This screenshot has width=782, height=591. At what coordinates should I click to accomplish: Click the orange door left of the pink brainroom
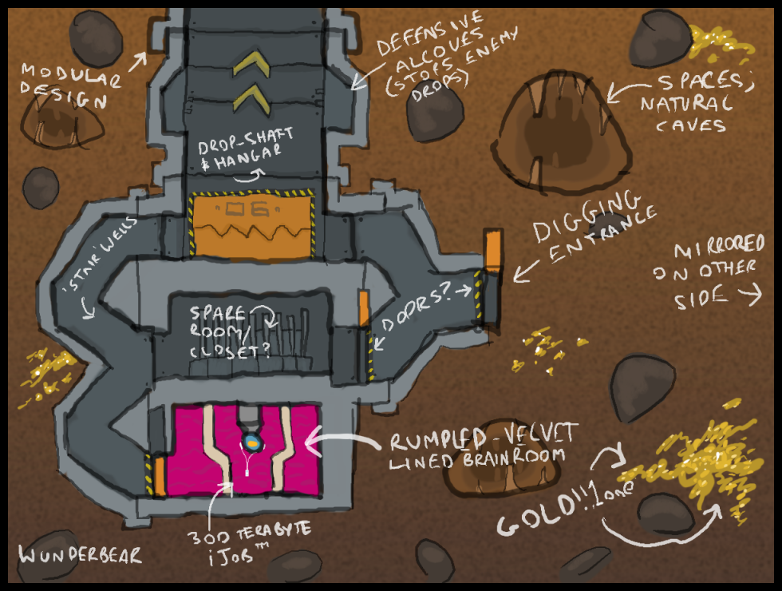point(160,474)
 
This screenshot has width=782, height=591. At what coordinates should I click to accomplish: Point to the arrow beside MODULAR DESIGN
point(138,60)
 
